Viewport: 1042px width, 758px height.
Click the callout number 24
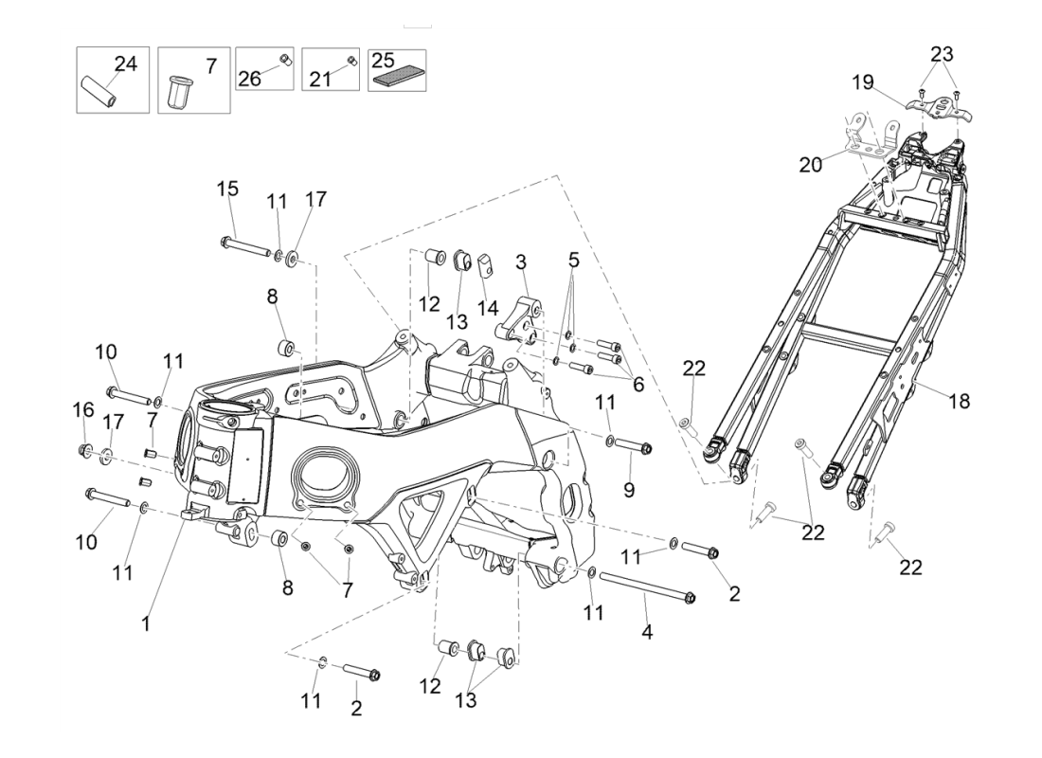click(126, 63)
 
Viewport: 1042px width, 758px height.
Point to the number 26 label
click(250, 79)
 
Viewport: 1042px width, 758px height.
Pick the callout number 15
click(227, 189)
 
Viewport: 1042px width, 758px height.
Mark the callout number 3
click(521, 262)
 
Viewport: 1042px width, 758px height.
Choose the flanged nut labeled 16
click(83, 449)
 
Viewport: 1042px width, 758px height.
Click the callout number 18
click(959, 401)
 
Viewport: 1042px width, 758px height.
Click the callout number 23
click(942, 53)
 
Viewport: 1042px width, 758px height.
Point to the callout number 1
click(146, 624)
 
